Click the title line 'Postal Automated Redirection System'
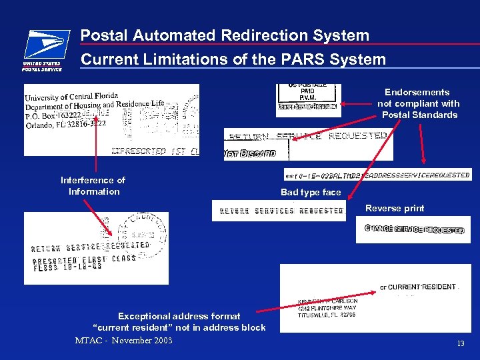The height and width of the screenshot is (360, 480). (x=225, y=35)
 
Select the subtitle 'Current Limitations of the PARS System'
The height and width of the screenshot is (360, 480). (x=233, y=59)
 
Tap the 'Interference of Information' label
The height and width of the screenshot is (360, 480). (x=93, y=186)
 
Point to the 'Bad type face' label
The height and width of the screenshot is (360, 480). (x=310, y=192)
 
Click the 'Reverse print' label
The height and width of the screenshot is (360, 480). (x=394, y=208)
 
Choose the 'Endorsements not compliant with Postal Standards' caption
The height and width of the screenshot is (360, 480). (x=418, y=103)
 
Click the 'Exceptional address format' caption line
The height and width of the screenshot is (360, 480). (x=179, y=316)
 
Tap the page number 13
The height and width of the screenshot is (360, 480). (x=460, y=343)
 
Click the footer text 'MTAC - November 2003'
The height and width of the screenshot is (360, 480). (x=123, y=341)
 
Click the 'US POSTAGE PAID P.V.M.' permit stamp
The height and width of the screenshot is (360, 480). (x=307, y=93)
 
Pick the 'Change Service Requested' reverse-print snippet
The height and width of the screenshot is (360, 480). (x=413, y=229)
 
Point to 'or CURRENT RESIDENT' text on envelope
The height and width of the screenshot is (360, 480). (x=418, y=287)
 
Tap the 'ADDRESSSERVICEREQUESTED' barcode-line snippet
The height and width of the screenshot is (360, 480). (x=419, y=175)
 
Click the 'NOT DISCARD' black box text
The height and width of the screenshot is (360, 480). (x=250, y=153)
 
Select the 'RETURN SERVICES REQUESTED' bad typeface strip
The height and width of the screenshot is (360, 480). (x=279, y=211)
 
